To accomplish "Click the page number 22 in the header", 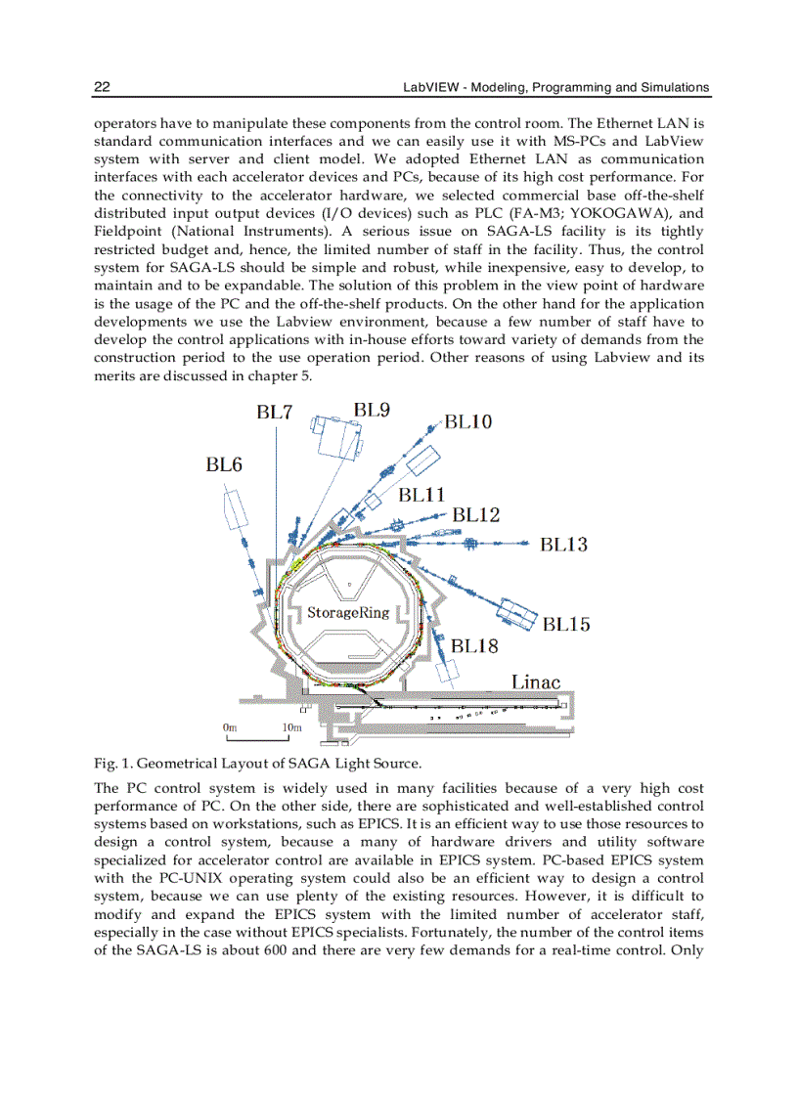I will pos(102,87).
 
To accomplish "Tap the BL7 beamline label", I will pos(275,412).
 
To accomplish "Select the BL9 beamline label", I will pos(372,411).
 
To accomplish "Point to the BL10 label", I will pos(468,422).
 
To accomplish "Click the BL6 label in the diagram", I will pos(223,465).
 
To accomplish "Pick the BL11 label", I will pos(421,495).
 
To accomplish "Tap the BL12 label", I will pos(476,514).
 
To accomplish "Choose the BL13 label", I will pos(563,545).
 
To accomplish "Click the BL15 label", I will pos(566,624).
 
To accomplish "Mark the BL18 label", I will pos(474,646).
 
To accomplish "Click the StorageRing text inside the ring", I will pos(348,613).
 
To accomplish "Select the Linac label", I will pos(537,681).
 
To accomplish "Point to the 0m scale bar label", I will pos(230,727).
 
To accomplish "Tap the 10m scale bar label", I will pos(291,727).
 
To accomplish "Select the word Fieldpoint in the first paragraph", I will pos(128,231).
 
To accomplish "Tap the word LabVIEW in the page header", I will pos(431,87).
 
